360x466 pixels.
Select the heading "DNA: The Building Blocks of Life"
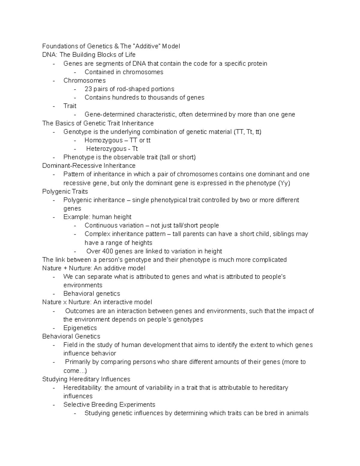89,55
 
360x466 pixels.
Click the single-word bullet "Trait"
70,106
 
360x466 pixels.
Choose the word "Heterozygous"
106,149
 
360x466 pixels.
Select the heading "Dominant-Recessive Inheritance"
89,166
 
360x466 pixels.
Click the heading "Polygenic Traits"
65,191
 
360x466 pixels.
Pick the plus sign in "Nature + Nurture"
66,268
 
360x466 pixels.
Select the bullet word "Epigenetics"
80,328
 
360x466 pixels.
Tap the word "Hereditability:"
83,388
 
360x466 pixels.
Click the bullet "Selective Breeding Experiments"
109,404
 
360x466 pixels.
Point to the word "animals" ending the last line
297,413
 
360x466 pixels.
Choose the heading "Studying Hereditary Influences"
86,379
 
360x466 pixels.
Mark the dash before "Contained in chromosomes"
75,72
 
